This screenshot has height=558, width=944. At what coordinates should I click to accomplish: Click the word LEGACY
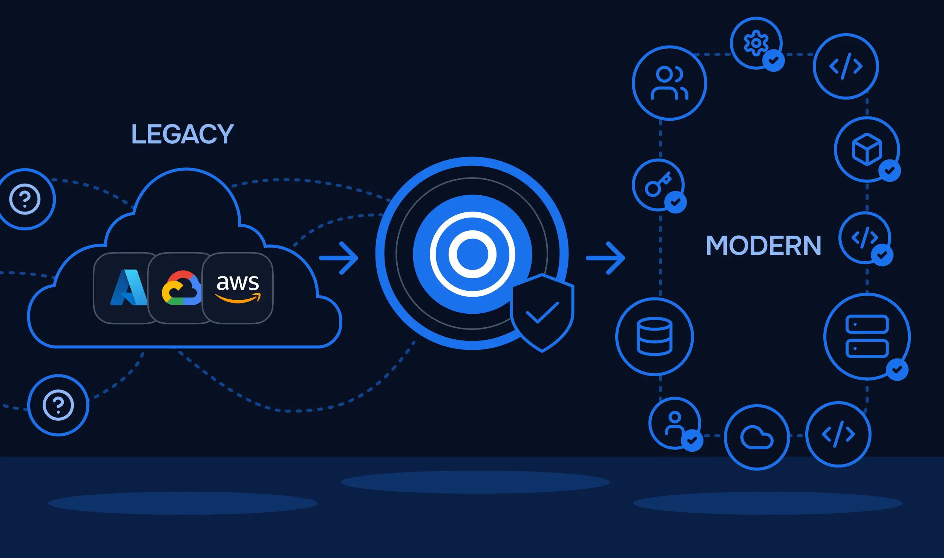[182, 134]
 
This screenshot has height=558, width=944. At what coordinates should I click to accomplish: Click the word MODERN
[763, 245]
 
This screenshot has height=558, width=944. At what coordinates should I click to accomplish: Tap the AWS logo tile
[238, 288]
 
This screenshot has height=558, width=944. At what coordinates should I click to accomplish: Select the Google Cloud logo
[182, 288]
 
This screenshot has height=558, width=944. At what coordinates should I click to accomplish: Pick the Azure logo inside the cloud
[128, 287]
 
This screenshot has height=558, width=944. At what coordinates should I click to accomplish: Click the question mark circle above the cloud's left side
[25, 199]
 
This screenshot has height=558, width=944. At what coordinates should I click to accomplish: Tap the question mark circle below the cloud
[58, 405]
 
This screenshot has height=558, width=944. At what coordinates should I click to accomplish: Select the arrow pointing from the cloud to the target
[339, 258]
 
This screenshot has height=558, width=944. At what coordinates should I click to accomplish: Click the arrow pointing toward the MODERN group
[605, 258]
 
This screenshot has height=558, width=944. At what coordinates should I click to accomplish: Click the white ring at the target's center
[472, 254]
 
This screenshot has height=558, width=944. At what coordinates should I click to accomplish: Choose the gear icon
[756, 43]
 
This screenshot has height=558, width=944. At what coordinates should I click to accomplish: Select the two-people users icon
[670, 83]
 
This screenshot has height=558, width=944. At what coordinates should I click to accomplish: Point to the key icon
[658, 184]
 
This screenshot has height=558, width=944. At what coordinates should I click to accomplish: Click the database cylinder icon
[654, 336]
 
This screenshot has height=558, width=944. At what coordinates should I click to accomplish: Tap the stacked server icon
[867, 336]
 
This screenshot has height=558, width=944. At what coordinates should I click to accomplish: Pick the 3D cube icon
[867, 149]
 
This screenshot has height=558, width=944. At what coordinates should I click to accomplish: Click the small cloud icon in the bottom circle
[757, 437]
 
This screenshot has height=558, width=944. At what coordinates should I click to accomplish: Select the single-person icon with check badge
[675, 423]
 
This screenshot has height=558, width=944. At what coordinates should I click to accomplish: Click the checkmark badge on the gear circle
[774, 60]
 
